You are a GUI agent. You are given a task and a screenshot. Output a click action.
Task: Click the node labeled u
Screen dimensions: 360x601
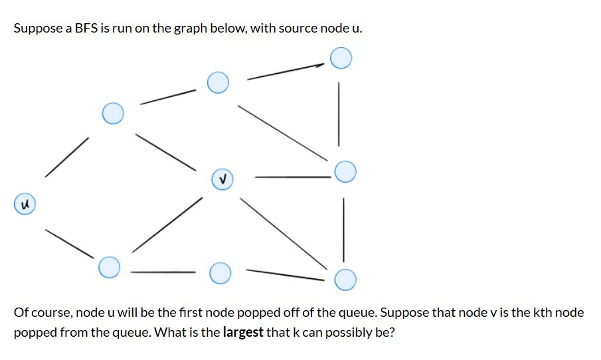pyautogui.click(x=25, y=203)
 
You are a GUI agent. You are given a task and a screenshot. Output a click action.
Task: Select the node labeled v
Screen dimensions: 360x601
pyautogui.click(x=222, y=179)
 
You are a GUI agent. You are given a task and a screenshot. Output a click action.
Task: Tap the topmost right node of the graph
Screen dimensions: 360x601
pyautogui.click(x=341, y=58)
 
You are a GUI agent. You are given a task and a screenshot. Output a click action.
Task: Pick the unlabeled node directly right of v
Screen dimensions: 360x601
pyautogui.click(x=345, y=173)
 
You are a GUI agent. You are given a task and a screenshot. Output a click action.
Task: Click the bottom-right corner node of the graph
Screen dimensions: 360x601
pyautogui.click(x=345, y=280)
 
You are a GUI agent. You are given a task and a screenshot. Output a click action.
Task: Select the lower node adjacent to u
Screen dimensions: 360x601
pyautogui.click(x=110, y=268)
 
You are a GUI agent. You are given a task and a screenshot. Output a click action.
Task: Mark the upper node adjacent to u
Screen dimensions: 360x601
pyautogui.click(x=113, y=113)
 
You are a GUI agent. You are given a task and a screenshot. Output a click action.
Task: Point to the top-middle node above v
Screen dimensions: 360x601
pyautogui.click(x=218, y=82)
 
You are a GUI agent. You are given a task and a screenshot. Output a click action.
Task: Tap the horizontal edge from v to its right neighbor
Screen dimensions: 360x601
pyautogui.click(x=292, y=177)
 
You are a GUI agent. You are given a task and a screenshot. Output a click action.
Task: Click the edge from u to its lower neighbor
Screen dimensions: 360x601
pyautogui.click(x=69, y=243)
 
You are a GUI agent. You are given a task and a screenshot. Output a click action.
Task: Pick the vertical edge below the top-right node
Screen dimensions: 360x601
pyautogui.click(x=339, y=113)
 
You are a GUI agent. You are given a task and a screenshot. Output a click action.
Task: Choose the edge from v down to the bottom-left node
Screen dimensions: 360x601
pyautogui.click(x=167, y=225)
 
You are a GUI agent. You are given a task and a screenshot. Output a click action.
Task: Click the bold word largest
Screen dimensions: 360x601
pyautogui.click(x=243, y=332)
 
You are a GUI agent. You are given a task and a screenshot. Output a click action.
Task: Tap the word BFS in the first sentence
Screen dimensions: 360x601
pyautogui.click(x=86, y=29)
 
